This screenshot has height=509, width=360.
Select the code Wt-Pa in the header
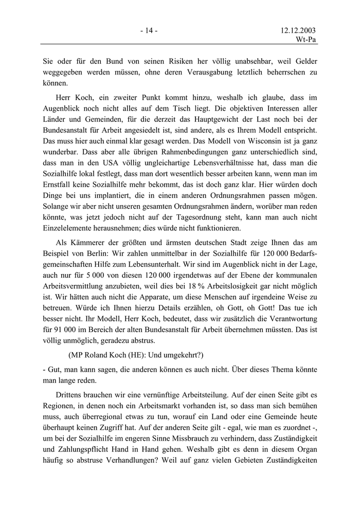pyautogui.click(x=306, y=41)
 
